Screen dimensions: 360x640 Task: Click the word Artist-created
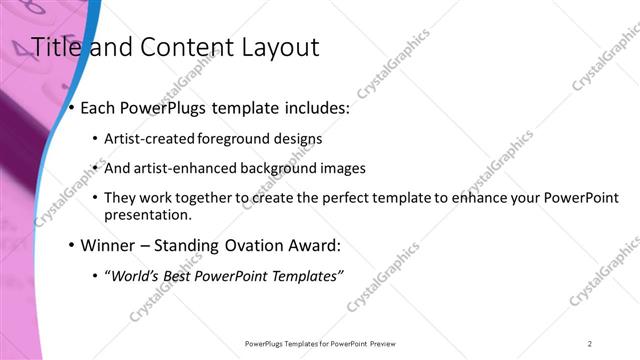[150, 139]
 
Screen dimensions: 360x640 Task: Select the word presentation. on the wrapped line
[147, 214]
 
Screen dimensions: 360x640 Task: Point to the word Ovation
[249, 245]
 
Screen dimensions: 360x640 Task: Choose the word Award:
[313, 245]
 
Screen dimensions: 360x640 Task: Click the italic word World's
[135, 275]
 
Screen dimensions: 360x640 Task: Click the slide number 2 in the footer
[590, 343]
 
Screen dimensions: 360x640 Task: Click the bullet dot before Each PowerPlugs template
[72, 108]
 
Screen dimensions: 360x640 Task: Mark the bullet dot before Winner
[72, 245]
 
